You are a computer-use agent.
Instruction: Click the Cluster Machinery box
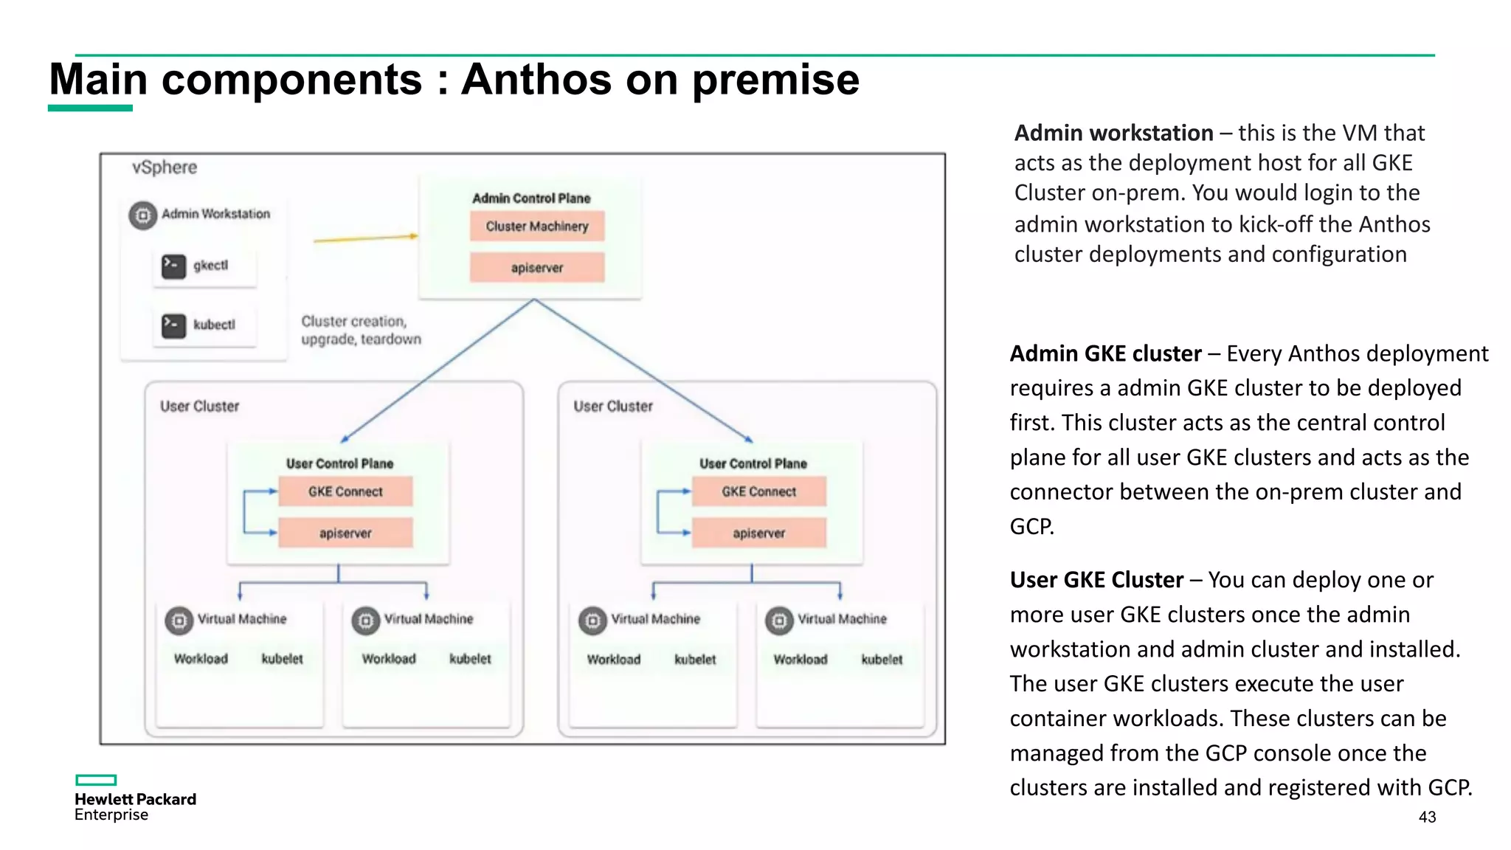click(x=537, y=226)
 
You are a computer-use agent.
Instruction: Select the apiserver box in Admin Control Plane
click(x=537, y=267)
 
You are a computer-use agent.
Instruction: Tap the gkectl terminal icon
click(x=174, y=266)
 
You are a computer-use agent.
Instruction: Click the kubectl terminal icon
click(x=174, y=325)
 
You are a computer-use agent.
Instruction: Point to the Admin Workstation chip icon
click(x=143, y=215)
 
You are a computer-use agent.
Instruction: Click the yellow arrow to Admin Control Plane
click(x=365, y=238)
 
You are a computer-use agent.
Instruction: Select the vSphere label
click(x=165, y=167)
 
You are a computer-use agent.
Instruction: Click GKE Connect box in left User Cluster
click(x=345, y=491)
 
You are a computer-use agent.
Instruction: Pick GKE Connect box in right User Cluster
click(x=758, y=491)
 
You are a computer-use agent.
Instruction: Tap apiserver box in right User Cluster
click(x=758, y=533)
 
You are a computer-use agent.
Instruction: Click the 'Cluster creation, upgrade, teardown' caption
click(x=360, y=330)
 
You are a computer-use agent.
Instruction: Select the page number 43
click(x=1427, y=817)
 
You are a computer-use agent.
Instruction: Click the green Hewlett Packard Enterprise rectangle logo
click(x=96, y=780)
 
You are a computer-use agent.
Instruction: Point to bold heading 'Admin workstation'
click(x=1113, y=133)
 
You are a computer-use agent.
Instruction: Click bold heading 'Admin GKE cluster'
click(x=1105, y=353)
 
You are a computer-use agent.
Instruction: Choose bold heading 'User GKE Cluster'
click(x=1096, y=580)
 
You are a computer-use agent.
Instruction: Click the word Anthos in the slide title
click(x=536, y=79)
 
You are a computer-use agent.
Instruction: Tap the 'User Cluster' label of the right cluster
click(x=613, y=407)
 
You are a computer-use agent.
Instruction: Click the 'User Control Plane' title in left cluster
click(x=339, y=463)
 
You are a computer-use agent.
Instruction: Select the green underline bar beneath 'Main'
click(x=90, y=108)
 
